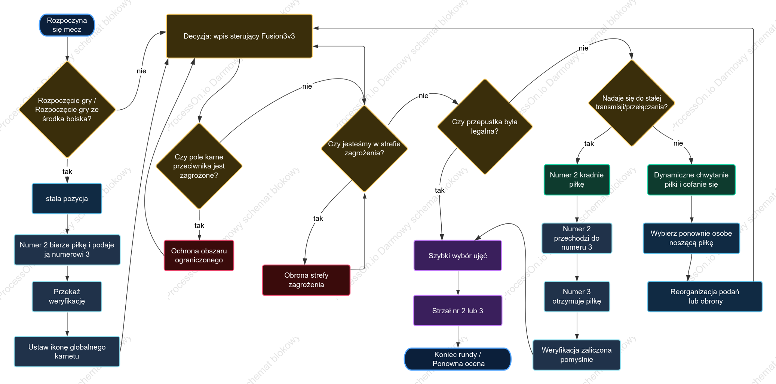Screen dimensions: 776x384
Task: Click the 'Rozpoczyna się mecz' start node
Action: pyautogui.click(x=67, y=25)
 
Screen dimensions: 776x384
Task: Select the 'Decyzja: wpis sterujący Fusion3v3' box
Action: pyautogui.click(x=239, y=36)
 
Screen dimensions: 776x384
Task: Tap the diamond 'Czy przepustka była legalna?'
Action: pyautogui.click(x=485, y=127)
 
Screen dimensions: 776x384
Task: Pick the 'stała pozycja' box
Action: pyautogui.click(x=67, y=198)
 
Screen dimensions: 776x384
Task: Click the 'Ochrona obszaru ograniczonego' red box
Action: pyautogui.click(x=199, y=255)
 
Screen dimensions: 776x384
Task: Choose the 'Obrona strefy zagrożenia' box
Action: pyautogui.click(x=306, y=280)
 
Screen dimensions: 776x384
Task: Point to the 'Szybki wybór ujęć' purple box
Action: pyautogui.click(x=458, y=256)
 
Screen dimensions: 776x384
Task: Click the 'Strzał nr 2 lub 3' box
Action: pyautogui.click(x=458, y=311)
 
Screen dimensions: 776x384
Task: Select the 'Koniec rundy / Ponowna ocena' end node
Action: pyautogui.click(x=458, y=359)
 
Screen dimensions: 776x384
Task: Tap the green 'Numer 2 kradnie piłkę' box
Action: pyautogui.click(x=577, y=180)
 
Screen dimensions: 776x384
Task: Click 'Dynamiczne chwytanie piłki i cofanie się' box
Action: pyautogui.click(x=691, y=180)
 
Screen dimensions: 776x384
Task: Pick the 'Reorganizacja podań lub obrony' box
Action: pyautogui.click(x=705, y=296)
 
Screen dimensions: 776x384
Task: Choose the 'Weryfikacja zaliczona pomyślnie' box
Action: pyautogui.click(x=577, y=355)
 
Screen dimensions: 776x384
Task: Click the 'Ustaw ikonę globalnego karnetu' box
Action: pyautogui.click(x=67, y=351)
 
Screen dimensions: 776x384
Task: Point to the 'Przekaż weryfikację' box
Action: pyautogui.click(x=67, y=296)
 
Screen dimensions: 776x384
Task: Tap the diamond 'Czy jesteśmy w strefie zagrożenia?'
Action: pyautogui.click(x=364, y=149)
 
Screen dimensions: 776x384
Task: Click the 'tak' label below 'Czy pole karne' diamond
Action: pyautogui.click(x=199, y=225)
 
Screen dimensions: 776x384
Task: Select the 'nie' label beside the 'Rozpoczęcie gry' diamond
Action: pyautogui.click(x=141, y=71)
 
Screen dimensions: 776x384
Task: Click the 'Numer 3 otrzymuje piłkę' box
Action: pyautogui.click(x=577, y=296)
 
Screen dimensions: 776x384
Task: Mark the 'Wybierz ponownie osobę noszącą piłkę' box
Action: pyautogui.click(x=691, y=238)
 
